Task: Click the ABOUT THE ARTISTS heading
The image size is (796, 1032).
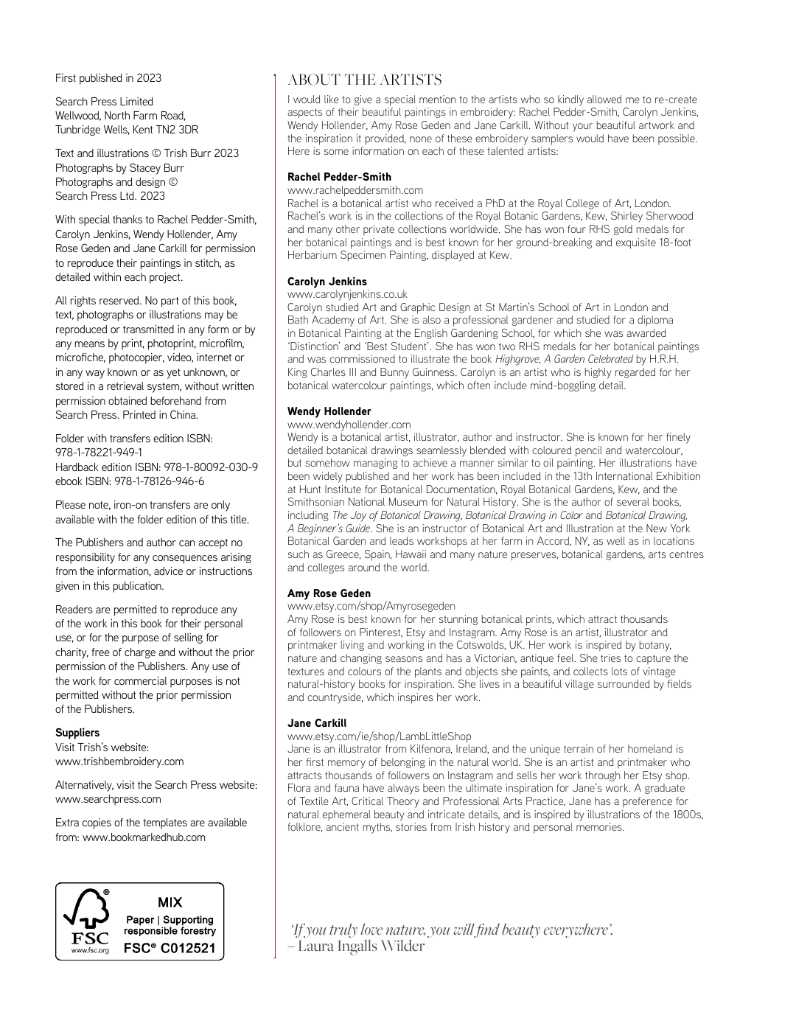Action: pos(364,80)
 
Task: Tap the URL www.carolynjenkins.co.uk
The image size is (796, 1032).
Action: pos(347,294)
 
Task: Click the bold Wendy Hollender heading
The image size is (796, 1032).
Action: pos(329,411)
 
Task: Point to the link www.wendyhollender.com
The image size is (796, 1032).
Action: pos(349,425)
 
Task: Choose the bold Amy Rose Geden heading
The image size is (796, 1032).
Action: pos(329,593)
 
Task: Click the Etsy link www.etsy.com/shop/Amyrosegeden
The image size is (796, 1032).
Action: pos(371,606)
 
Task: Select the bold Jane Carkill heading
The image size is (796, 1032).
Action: pos(316,723)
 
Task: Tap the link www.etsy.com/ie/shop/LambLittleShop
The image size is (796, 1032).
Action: pos(379,736)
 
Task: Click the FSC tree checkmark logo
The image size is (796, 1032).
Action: pos(87,911)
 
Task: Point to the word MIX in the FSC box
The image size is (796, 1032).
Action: pos(170,902)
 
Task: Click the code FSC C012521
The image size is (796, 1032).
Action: pos(170,948)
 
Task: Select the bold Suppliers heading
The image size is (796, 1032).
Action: pos(77,733)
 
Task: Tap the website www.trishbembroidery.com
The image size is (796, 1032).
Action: pos(119,761)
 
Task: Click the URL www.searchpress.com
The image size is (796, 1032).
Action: pos(108,799)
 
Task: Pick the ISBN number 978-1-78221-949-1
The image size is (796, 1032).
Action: pos(99,453)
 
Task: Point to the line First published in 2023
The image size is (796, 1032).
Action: pos(108,78)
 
